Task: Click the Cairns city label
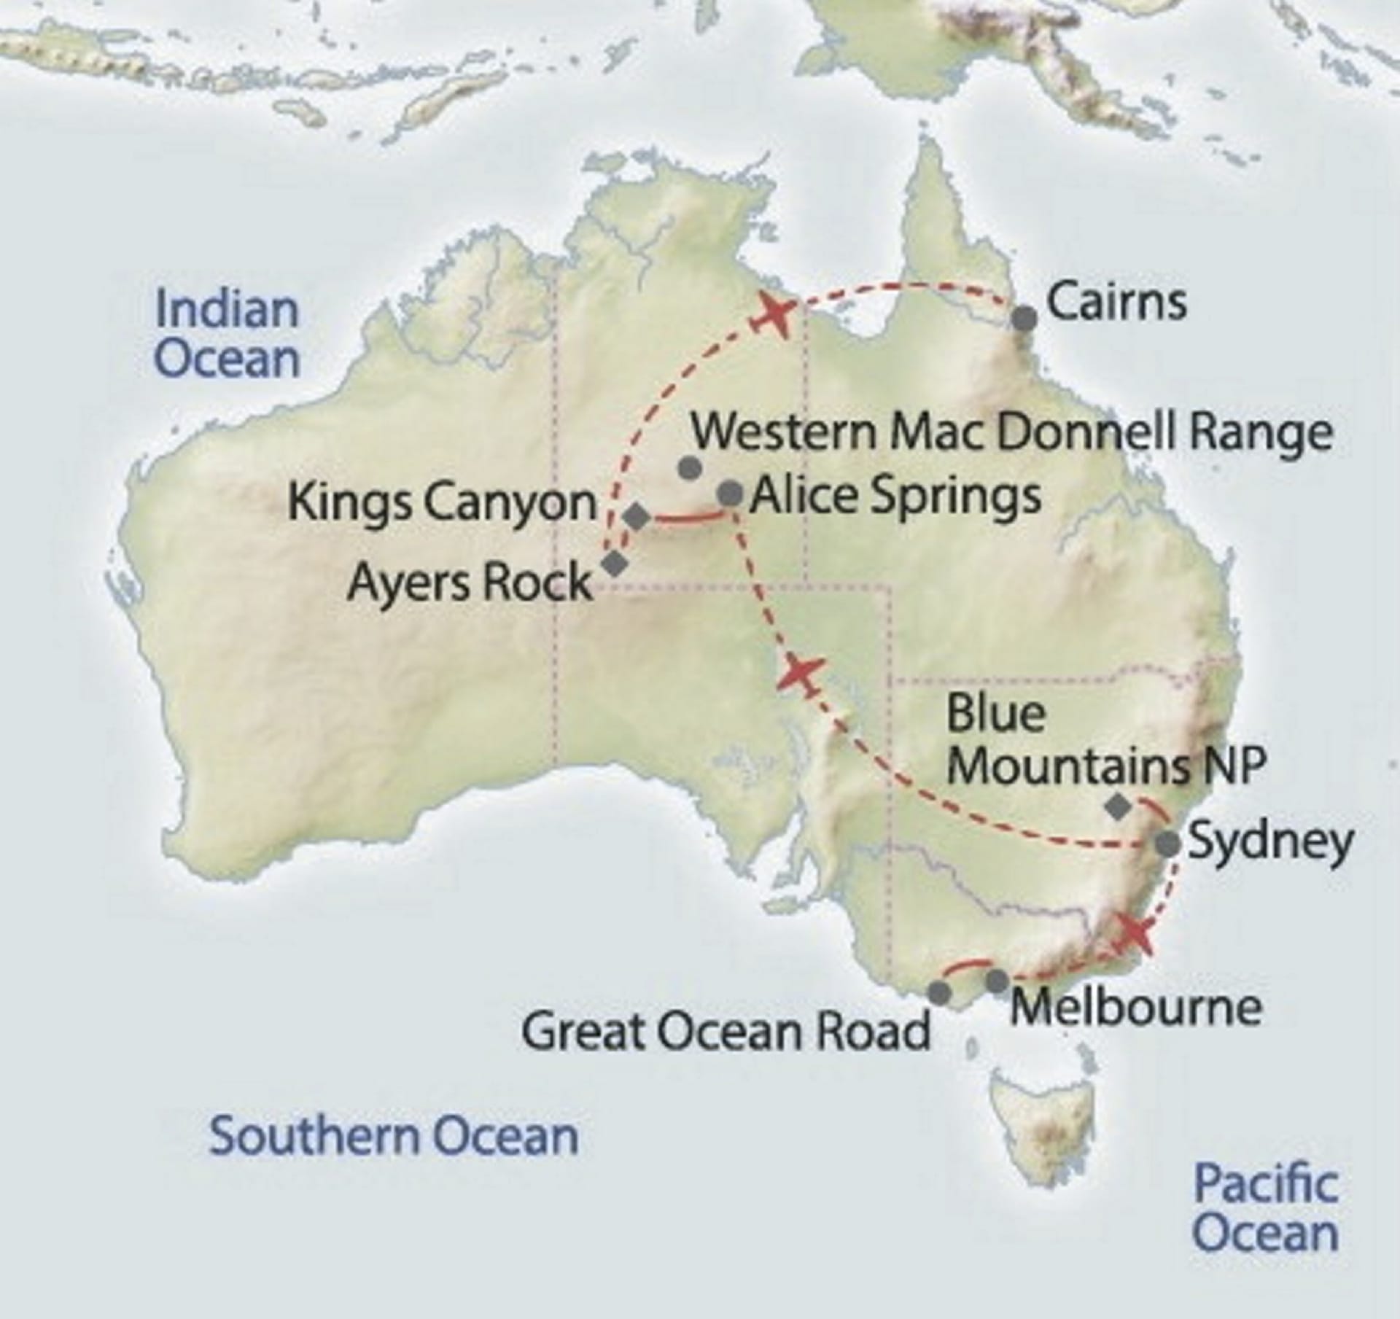click(1116, 303)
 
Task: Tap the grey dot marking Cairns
click(1024, 318)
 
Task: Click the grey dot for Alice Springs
click(730, 494)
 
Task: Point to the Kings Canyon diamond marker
click(637, 517)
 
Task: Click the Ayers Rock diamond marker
click(615, 563)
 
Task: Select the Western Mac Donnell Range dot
click(689, 467)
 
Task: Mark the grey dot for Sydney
click(1168, 844)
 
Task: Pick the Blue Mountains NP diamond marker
click(1118, 806)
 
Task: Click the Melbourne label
click(1135, 1008)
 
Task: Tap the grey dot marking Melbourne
click(997, 981)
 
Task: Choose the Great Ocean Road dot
click(940, 992)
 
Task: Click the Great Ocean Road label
click(726, 1031)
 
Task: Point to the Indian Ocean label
click(227, 334)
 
